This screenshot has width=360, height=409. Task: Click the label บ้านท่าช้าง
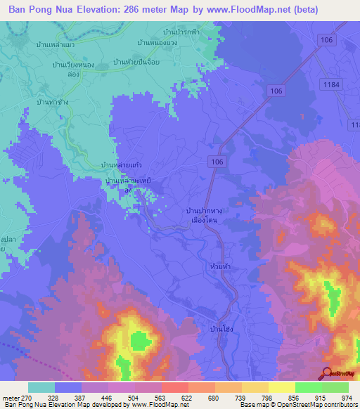51,102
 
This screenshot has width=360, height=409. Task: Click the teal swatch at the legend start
41,387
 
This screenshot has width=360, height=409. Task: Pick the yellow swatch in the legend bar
281,387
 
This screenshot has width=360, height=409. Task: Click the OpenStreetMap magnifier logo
327,374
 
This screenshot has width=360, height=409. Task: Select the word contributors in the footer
338,405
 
